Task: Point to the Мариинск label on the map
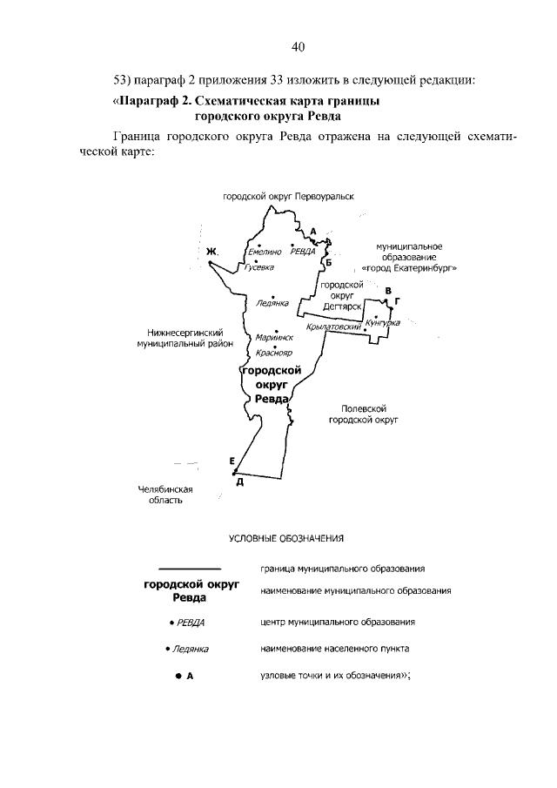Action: [x=274, y=337]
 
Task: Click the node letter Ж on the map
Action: [x=211, y=253]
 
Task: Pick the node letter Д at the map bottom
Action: [x=239, y=482]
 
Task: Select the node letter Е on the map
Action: [x=232, y=461]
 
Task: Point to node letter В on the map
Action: [x=389, y=290]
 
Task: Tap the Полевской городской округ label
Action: [x=363, y=414]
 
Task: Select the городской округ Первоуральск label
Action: [x=289, y=197]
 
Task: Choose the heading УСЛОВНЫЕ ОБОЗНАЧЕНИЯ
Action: [x=287, y=538]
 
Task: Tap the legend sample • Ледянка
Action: [x=187, y=649]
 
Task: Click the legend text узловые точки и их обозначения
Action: [x=333, y=674]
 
